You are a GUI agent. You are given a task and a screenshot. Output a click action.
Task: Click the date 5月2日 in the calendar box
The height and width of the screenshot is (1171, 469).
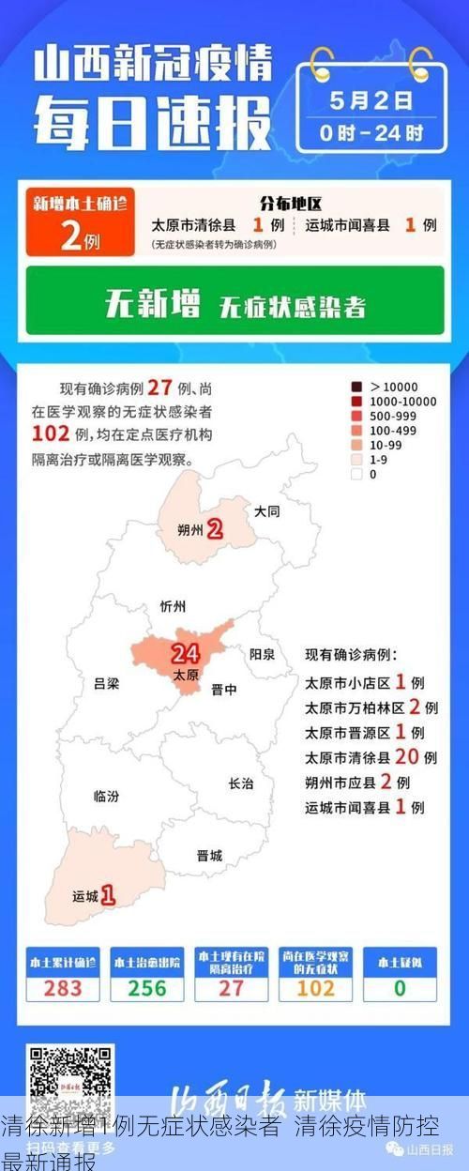click(x=371, y=99)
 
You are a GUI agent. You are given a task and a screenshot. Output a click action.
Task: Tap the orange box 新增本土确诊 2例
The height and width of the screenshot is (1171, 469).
click(x=80, y=222)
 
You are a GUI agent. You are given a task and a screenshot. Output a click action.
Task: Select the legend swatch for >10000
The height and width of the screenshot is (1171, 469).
click(x=356, y=387)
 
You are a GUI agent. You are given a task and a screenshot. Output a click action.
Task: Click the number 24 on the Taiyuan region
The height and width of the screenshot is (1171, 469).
click(x=186, y=654)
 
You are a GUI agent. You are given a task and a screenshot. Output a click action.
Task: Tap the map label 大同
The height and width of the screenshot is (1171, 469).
click(x=267, y=511)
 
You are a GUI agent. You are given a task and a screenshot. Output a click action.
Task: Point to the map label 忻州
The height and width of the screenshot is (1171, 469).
click(x=174, y=605)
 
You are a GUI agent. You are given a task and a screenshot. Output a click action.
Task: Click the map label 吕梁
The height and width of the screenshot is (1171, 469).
click(x=107, y=683)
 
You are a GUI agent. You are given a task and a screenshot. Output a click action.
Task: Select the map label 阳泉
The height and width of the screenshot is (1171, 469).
click(x=262, y=654)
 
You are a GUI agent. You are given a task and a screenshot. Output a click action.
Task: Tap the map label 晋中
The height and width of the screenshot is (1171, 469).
click(x=224, y=689)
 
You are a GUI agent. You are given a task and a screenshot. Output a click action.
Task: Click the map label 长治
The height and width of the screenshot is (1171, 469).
click(x=241, y=783)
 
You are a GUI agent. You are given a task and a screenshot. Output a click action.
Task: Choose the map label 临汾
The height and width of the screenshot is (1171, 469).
click(x=106, y=796)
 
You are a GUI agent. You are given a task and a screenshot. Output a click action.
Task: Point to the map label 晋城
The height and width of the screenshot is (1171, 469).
click(x=209, y=855)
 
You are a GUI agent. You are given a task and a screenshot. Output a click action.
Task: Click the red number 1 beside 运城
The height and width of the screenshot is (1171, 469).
click(x=108, y=895)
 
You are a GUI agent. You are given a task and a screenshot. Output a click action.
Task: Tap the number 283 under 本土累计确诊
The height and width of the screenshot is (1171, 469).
click(x=63, y=988)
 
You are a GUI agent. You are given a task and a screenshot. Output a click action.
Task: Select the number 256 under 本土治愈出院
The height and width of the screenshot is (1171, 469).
click(x=147, y=988)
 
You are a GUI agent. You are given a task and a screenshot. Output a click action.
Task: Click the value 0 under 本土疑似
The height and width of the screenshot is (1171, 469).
click(x=400, y=988)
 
